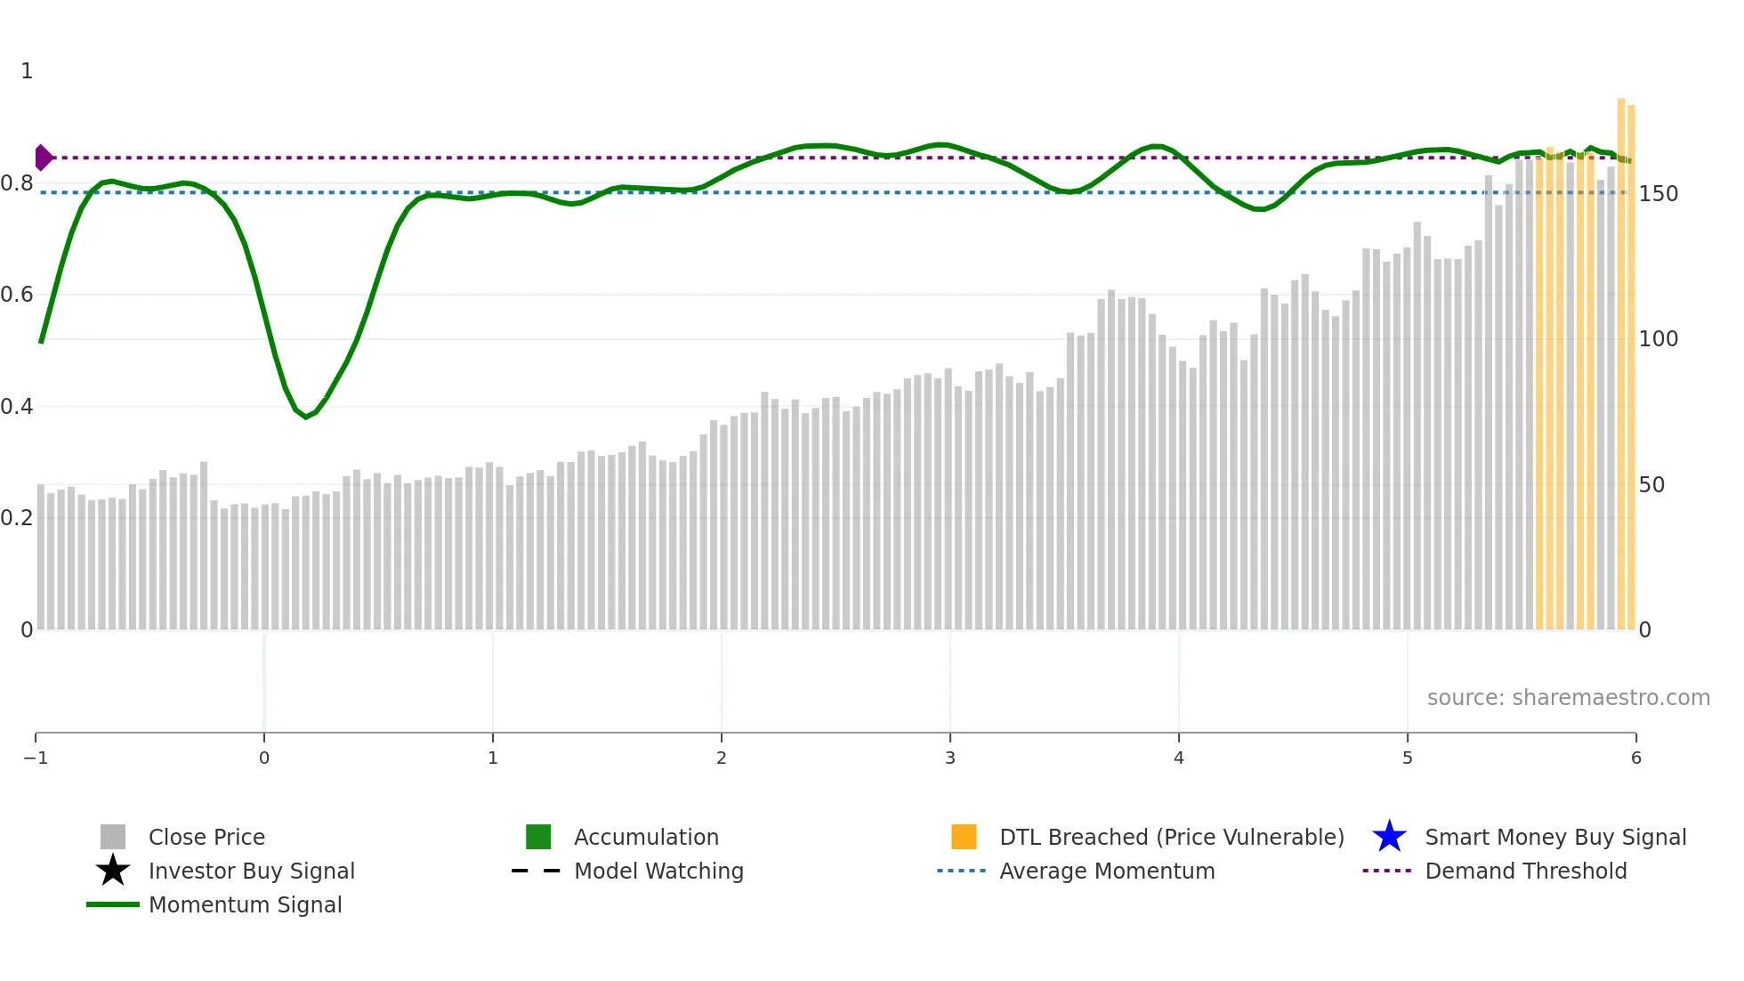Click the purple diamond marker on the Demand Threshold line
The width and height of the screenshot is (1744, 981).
click(43, 158)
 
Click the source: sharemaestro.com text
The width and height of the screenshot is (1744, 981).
click(1568, 698)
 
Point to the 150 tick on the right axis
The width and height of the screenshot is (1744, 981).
click(1659, 194)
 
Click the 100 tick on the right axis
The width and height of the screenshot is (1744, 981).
click(1659, 339)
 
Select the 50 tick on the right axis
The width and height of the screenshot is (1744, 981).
click(1651, 485)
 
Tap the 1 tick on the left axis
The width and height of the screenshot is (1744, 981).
click(27, 71)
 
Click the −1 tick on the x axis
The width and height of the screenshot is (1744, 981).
click(36, 758)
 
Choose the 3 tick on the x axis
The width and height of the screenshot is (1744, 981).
click(950, 758)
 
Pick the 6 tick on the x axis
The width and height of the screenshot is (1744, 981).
click(1635, 758)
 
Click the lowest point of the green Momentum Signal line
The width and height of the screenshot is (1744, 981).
click(306, 417)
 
